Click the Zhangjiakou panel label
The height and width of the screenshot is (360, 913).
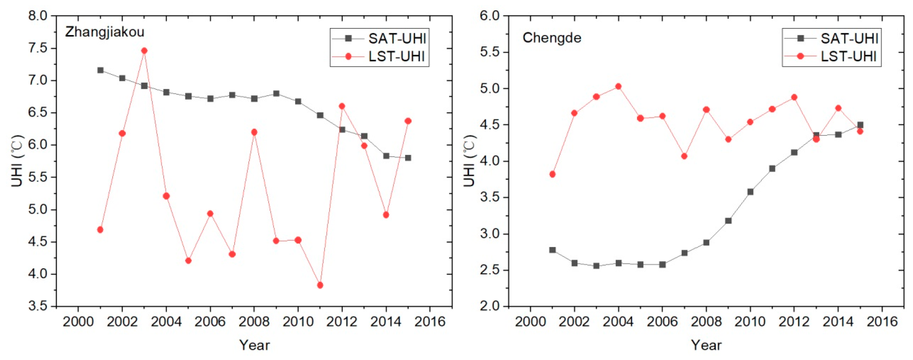tap(105, 32)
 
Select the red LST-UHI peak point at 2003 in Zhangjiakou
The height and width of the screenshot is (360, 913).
tap(144, 51)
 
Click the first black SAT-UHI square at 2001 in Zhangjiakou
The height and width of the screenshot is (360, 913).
tap(100, 70)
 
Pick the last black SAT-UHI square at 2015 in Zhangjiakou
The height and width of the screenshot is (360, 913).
tap(408, 158)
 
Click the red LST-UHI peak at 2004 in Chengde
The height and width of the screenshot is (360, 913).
tap(618, 86)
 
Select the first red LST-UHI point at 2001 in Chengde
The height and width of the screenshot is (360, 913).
tap(552, 174)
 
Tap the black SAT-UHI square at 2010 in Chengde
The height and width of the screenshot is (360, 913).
tap(750, 192)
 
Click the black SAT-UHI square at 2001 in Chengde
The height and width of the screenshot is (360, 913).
tap(552, 250)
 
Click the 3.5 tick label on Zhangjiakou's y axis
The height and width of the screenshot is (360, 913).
tap(37, 306)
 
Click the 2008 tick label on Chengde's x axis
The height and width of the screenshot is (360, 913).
tap(706, 322)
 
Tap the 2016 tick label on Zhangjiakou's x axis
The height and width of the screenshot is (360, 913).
tap(430, 322)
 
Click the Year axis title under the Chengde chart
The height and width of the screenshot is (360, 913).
tap(706, 345)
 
